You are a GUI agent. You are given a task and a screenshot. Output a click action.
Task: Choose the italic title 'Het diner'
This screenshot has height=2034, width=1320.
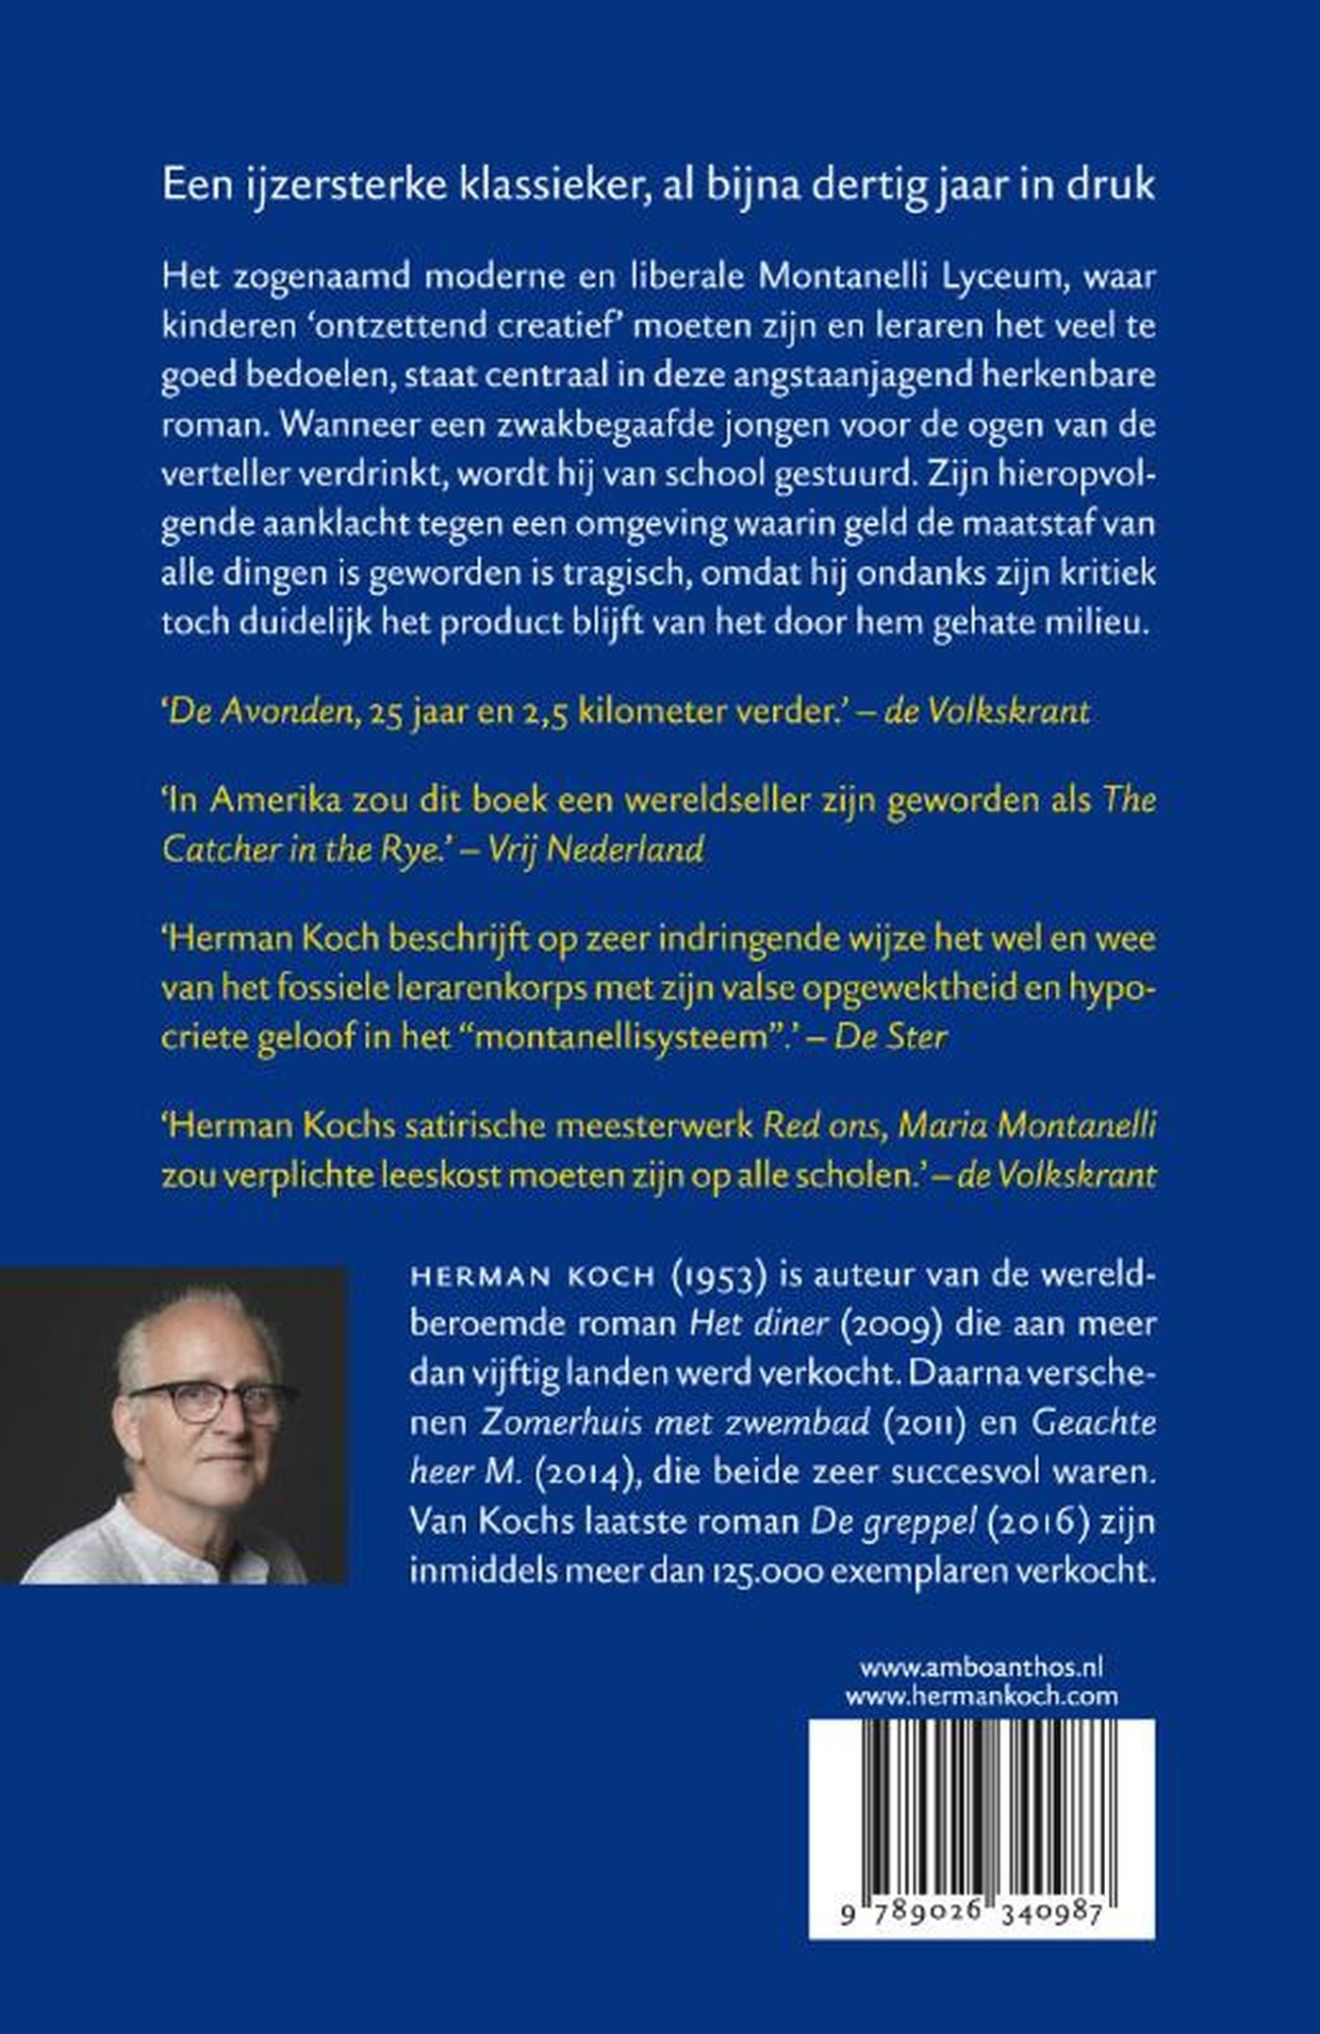click(758, 1324)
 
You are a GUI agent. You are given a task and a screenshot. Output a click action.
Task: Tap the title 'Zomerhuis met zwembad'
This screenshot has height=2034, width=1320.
click(674, 1421)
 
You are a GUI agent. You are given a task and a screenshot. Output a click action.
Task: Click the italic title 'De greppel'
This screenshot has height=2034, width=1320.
click(893, 1522)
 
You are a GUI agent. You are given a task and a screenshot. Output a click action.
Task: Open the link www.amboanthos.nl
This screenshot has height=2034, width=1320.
click(982, 1667)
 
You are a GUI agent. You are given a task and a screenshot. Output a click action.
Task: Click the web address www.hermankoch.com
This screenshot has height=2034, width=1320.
click(982, 1697)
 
